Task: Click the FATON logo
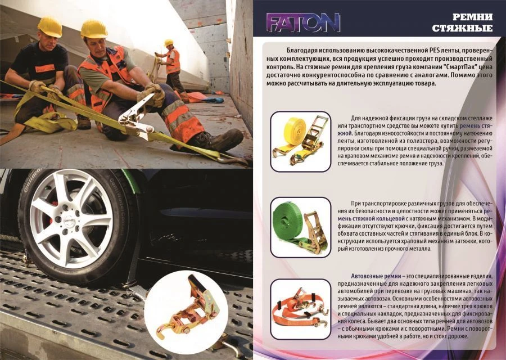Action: pyautogui.click(x=304, y=23)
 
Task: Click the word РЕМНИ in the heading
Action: pyautogui.click(x=473, y=16)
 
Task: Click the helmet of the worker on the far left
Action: pyautogui.click(x=49, y=26)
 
